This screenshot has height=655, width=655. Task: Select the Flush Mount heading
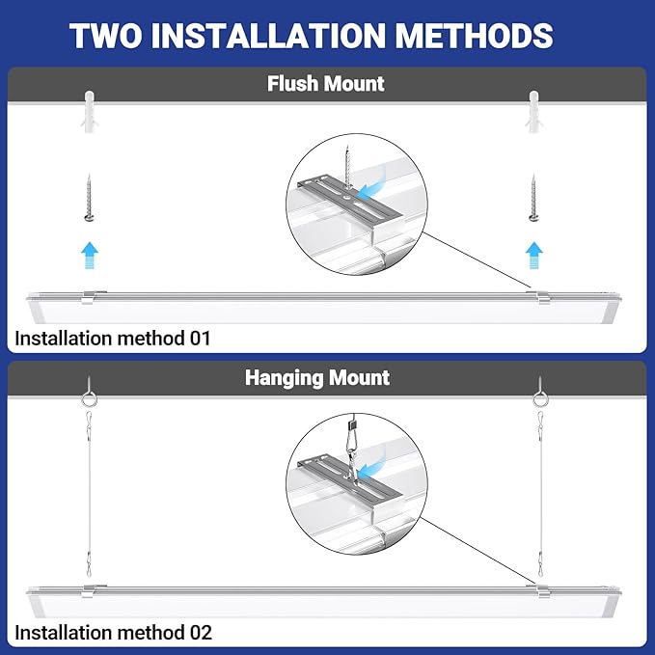click(x=326, y=84)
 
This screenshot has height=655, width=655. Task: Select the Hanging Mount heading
click(x=317, y=377)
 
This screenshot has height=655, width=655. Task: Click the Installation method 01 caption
click(x=112, y=339)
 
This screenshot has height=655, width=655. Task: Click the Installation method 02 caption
click(x=113, y=633)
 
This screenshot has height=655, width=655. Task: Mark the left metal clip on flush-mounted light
click(x=88, y=297)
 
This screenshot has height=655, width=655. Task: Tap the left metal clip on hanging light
click(x=89, y=589)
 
